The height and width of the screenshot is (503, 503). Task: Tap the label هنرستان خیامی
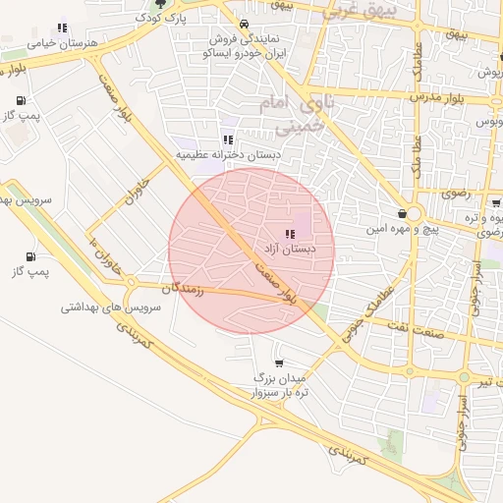click(37, 43)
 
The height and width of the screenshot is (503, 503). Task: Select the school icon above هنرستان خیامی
click(63, 28)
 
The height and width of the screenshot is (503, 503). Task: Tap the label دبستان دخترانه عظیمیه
click(228, 155)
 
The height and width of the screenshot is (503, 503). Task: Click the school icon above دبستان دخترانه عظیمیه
click(228, 140)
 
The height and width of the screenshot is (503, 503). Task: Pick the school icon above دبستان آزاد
click(289, 234)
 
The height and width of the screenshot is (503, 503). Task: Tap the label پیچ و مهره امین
click(373, 229)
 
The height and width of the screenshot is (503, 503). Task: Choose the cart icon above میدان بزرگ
click(279, 363)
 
